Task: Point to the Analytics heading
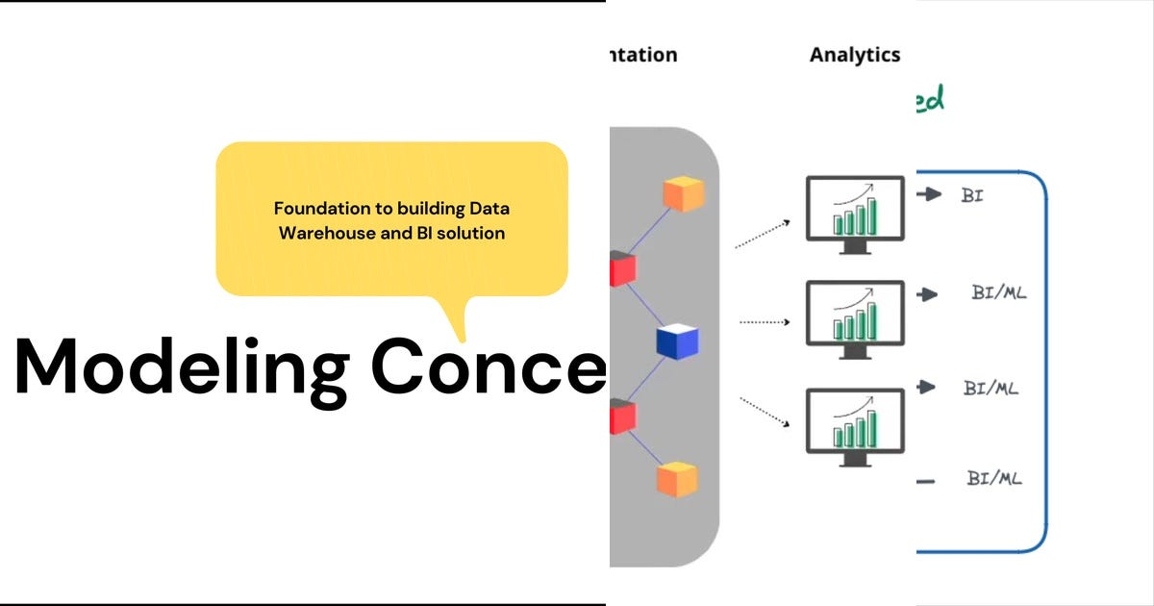854,55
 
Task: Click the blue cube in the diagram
678,341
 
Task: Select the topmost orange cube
684,193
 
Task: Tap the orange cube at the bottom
677,478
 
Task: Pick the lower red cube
621,417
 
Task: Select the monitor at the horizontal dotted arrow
855,318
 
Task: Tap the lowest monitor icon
855,426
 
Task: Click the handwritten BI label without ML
972,195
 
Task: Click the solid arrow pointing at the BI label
929,194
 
